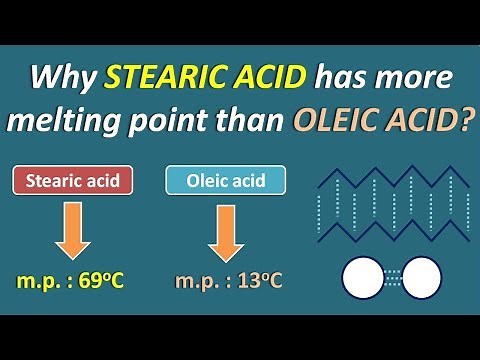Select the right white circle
421,277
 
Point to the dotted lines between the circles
391,277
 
